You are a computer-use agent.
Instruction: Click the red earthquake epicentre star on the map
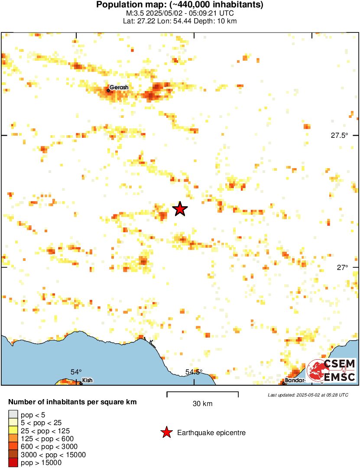click(x=180, y=209)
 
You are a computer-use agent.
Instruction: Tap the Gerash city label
click(x=119, y=88)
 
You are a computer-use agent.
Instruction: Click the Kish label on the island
click(x=87, y=381)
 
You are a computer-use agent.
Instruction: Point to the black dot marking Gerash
click(x=108, y=90)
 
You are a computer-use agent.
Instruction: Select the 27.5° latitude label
click(x=339, y=135)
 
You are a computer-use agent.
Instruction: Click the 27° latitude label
click(x=342, y=268)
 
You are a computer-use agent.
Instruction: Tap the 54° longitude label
click(x=76, y=372)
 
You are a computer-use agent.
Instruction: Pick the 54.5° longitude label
click(x=194, y=372)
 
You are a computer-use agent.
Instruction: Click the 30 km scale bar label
click(x=202, y=404)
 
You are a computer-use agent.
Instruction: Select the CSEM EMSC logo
click(x=331, y=370)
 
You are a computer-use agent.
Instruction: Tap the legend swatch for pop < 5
click(x=13, y=415)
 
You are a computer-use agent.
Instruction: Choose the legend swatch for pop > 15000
click(x=13, y=463)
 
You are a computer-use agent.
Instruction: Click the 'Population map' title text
click(x=180, y=5)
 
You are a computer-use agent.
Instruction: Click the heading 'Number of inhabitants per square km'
click(x=73, y=402)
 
